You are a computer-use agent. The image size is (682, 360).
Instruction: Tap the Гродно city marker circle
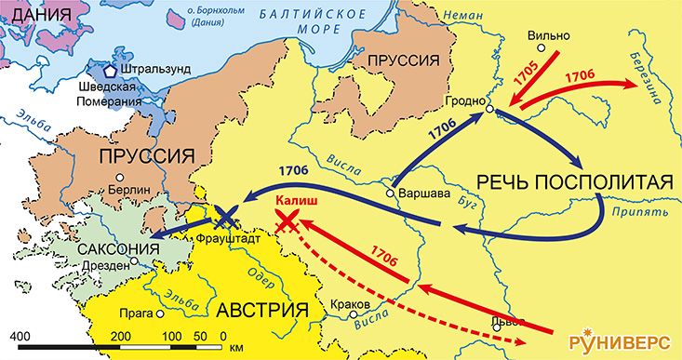pos(489,111)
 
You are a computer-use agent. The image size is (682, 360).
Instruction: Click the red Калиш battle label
pos(290,198)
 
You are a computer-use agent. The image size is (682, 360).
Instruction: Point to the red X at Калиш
pos(288,220)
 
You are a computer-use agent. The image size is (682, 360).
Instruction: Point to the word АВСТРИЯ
pos(261,310)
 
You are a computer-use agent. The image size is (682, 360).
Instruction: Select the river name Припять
pos(640,212)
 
